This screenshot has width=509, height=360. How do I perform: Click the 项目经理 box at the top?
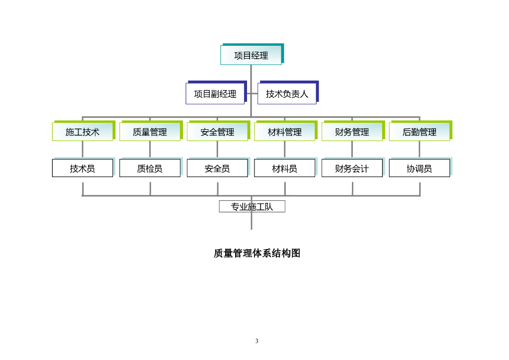(251, 55)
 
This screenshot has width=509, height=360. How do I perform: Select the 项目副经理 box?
(215, 93)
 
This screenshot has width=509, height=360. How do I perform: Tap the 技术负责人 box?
(287, 93)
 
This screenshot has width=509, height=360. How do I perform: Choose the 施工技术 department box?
(83, 132)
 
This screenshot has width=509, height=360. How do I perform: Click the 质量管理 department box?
(150, 132)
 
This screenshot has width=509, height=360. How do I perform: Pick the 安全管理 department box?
(217, 132)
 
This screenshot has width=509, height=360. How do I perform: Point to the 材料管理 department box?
(285, 132)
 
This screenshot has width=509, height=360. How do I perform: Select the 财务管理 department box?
(352, 132)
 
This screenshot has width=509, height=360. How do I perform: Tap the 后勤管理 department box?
(420, 132)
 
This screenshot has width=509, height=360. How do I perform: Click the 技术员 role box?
(83, 169)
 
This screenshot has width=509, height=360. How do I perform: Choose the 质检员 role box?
(150, 169)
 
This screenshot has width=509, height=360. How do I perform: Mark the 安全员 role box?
(217, 169)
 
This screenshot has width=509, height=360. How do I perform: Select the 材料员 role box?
(285, 169)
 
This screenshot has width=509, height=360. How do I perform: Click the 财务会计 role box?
(352, 169)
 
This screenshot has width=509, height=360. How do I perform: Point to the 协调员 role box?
(420, 169)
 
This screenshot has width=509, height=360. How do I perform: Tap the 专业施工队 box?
(252, 206)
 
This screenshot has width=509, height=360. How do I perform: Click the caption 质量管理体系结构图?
(257, 253)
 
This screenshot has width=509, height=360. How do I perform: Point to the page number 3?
(257, 341)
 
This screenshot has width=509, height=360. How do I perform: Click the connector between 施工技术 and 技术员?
(83, 150)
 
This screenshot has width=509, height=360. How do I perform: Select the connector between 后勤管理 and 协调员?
(420, 150)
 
